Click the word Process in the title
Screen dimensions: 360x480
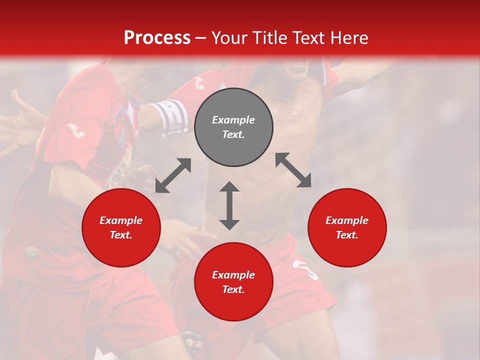tap(157, 38)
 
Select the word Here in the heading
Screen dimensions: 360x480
tap(348, 38)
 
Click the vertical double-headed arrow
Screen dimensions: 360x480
tap(229, 205)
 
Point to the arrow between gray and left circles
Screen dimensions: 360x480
tap(173, 175)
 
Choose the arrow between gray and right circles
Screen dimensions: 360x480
tap(293, 170)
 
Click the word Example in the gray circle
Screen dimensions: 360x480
tap(233, 120)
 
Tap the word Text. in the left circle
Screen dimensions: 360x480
tap(121, 235)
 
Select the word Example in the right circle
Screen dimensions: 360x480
tap(347, 220)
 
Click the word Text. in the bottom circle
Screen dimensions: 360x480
tap(233, 289)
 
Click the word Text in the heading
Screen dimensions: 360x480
tap(309, 38)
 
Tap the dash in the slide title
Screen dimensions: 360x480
tap(200, 38)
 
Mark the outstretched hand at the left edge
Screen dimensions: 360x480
tap(20, 120)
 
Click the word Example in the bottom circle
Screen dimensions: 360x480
tap(233, 275)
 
